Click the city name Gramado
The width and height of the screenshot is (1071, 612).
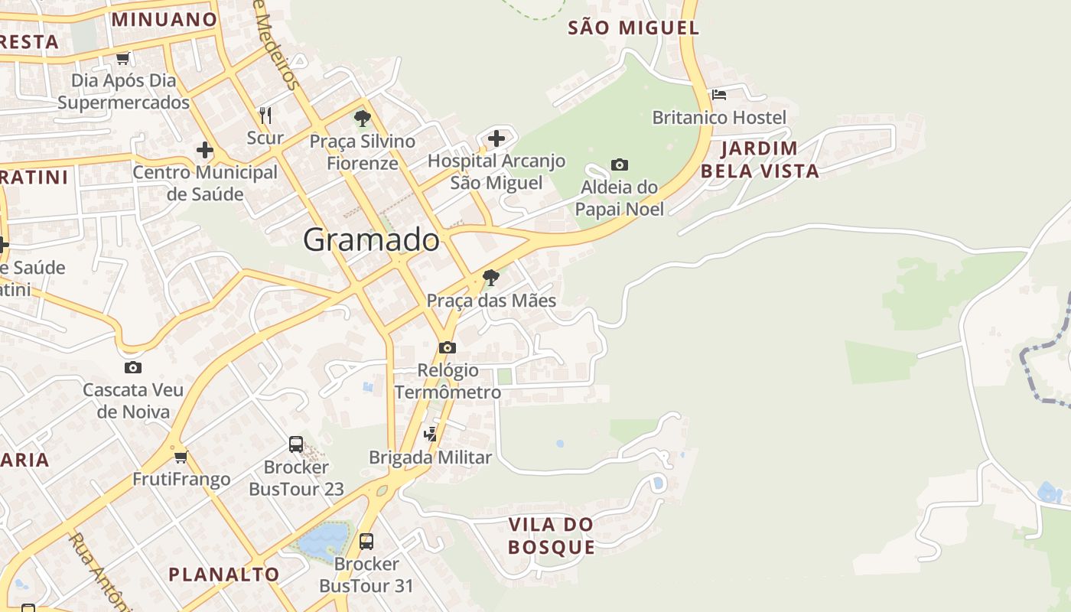pos(372,240)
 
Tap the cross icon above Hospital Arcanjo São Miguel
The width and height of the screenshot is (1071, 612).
pos(496,138)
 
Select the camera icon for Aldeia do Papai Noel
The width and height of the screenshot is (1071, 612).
pos(620,164)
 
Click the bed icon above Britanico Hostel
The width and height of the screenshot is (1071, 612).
pos(719,95)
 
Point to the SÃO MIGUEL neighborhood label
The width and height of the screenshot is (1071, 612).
pos(633,28)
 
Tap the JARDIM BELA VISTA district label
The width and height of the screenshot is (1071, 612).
pos(760,159)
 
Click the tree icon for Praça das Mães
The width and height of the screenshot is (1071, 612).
pos(491,277)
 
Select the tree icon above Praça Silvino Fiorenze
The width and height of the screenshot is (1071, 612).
pos(363,119)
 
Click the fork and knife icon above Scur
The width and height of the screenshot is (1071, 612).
pos(265,116)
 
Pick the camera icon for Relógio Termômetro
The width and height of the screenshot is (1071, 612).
pos(448,348)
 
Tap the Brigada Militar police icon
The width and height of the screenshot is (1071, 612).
pos(431,435)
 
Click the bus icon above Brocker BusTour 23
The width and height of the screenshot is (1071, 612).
pos(296,444)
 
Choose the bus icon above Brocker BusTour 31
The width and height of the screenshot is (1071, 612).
pos(366,542)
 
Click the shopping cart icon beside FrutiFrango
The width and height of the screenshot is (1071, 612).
pos(181,457)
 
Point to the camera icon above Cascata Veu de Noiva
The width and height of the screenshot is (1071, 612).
pos(133,368)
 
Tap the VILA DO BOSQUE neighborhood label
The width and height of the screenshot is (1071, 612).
pos(552,535)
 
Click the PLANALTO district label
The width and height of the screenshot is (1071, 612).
pos(224,574)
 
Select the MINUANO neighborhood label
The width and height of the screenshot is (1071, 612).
pos(164,19)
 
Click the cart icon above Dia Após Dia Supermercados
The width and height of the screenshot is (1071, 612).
pos(122,58)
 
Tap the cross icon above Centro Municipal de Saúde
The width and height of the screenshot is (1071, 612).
pos(205,150)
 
